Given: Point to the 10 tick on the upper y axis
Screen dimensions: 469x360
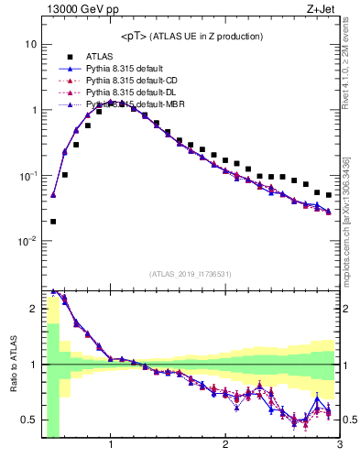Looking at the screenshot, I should (30, 44).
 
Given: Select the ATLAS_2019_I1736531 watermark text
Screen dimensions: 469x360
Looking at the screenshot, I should (191, 274).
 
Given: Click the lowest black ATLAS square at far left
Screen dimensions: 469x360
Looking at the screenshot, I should (53, 221).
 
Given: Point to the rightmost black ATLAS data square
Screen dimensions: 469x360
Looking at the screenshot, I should (329, 195).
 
